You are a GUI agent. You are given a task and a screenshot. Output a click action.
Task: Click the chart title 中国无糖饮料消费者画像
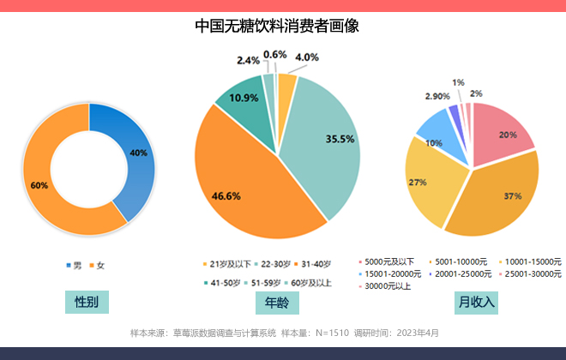[276, 27]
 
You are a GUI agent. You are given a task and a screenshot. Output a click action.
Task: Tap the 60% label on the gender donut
[39, 185]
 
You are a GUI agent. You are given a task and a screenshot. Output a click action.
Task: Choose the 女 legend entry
[96, 266]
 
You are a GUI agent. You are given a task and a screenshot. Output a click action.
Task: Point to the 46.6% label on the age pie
[226, 195]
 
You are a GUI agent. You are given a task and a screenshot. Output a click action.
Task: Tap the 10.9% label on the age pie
[244, 98]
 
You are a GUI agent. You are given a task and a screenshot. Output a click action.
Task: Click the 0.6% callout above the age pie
[274, 55]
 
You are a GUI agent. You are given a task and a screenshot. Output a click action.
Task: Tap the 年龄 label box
[276, 303]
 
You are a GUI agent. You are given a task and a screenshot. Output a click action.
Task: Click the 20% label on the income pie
[508, 135]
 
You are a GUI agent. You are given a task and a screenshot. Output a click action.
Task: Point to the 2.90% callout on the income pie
[437, 96]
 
